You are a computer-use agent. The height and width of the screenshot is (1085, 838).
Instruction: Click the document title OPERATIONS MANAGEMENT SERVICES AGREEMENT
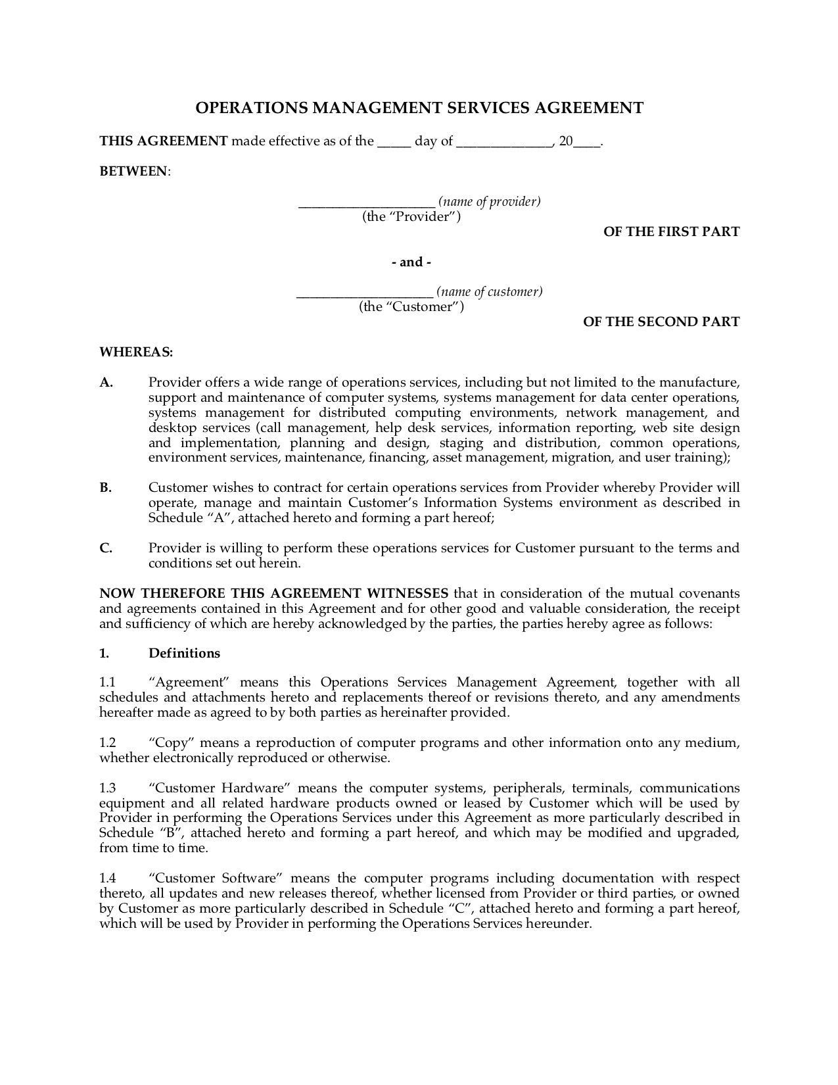[x=419, y=108]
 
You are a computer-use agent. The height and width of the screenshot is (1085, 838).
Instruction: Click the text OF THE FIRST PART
[x=671, y=231]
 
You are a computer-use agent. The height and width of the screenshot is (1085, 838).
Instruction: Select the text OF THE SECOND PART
[x=661, y=322]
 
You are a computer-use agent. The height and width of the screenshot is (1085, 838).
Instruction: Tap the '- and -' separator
[x=411, y=262]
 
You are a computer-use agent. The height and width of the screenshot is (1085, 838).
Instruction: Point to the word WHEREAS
[x=135, y=352]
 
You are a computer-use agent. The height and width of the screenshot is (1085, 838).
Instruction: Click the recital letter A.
[x=106, y=383]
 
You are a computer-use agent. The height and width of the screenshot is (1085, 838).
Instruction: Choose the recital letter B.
[x=106, y=488]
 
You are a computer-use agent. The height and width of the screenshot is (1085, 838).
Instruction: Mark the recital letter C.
[x=106, y=548]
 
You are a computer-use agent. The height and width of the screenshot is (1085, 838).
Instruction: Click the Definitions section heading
[x=184, y=653]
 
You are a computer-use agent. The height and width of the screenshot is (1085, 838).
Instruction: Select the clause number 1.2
[x=107, y=743]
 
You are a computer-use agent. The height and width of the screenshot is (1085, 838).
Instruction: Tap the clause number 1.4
[x=107, y=879]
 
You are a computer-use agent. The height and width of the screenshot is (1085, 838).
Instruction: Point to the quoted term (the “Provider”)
[x=411, y=217]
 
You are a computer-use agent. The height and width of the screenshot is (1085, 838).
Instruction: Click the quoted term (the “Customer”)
[x=411, y=307]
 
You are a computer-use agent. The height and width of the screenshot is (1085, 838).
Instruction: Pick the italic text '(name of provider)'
[x=490, y=202]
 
